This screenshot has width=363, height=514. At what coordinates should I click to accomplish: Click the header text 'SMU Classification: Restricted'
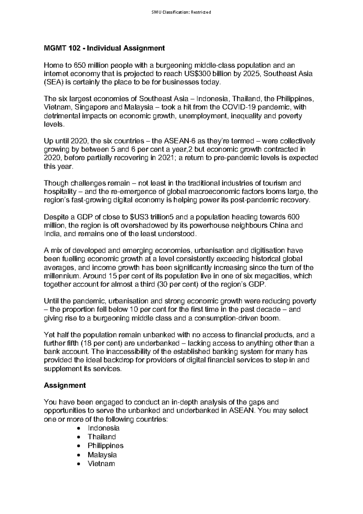181,12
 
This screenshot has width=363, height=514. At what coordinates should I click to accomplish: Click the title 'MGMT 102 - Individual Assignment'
104,48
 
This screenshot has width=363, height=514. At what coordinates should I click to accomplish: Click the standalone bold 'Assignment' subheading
65,385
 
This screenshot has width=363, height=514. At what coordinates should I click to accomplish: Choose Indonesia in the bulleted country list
103,428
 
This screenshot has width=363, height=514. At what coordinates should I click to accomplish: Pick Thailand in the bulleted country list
102,437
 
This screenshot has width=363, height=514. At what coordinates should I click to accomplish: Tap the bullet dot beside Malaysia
79,455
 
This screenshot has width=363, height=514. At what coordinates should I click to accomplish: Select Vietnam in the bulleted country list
101,463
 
